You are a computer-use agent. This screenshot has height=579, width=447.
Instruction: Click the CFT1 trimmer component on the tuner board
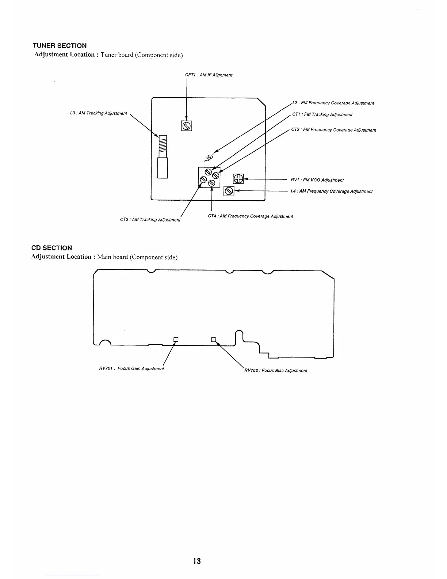(x=186, y=126)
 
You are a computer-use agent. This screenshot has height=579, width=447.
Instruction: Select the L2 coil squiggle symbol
(x=209, y=158)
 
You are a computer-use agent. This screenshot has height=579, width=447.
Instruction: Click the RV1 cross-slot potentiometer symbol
(x=238, y=179)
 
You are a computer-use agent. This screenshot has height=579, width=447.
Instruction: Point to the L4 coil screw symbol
(x=229, y=191)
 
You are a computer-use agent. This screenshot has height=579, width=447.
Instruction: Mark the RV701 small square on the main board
(x=176, y=339)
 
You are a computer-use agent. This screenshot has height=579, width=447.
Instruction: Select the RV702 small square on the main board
(x=214, y=339)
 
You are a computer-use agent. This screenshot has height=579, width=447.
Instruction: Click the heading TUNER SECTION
(x=60, y=46)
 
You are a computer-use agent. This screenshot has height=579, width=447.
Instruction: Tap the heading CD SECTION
(x=51, y=248)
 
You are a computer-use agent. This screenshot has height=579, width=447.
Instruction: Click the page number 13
(x=197, y=561)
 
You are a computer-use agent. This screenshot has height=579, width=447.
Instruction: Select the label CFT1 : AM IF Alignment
(x=209, y=75)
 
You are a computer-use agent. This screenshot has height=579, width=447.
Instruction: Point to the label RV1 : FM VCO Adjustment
(x=317, y=180)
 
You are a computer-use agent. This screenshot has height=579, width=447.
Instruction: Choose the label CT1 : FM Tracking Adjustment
(x=322, y=114)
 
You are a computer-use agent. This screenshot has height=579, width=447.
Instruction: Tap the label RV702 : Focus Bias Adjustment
(x=276, y=370)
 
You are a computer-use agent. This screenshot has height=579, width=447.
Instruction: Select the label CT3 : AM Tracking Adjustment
(x=150, y=220)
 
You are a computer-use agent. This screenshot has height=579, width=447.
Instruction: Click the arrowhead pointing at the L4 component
(x=237, y=191)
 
